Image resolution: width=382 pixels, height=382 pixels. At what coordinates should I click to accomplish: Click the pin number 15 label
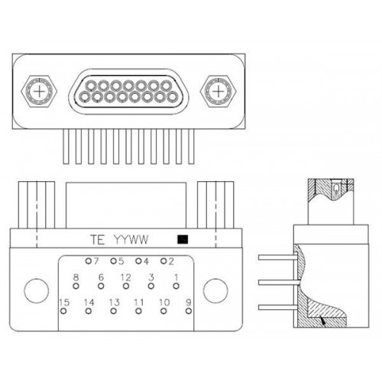coord(64,303)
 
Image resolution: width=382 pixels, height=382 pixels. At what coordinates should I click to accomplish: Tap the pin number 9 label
coord(189,303)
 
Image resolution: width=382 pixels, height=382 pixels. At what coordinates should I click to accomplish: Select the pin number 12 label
coord(126,277)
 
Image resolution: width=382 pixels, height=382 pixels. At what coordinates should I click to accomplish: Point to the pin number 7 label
coord(95,261)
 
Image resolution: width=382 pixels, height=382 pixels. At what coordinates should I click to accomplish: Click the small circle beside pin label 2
coord(163,261)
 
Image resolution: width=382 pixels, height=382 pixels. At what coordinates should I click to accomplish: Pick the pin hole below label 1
coord(176,286)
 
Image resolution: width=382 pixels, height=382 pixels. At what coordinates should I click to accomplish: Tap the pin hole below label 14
coord(89,311)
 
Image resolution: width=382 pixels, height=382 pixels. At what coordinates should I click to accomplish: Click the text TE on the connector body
coord(97,240)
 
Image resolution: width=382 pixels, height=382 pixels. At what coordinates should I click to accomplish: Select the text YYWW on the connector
coord(131,240)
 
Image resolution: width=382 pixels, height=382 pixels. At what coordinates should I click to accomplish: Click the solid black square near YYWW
coord(183,239)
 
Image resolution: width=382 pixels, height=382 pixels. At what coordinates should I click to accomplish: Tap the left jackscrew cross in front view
coord(40,92)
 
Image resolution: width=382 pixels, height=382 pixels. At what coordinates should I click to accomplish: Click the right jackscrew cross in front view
coord(218,92)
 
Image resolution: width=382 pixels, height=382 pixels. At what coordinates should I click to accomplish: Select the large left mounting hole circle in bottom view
coord(37,291)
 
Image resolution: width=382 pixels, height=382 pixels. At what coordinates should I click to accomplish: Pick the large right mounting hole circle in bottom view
coord(215,291)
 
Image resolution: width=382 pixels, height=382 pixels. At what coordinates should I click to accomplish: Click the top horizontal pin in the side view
coord(278,257)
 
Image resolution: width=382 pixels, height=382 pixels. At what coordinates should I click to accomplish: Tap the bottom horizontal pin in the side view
coord(278,307)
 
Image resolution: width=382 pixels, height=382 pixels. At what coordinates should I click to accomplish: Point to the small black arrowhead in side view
coord(323,321)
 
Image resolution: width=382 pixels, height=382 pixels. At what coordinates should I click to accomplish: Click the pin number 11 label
coord(139,303)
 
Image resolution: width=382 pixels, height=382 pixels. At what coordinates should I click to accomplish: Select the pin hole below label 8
coord(76,286)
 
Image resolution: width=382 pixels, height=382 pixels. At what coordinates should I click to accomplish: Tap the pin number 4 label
coord(146,261)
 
